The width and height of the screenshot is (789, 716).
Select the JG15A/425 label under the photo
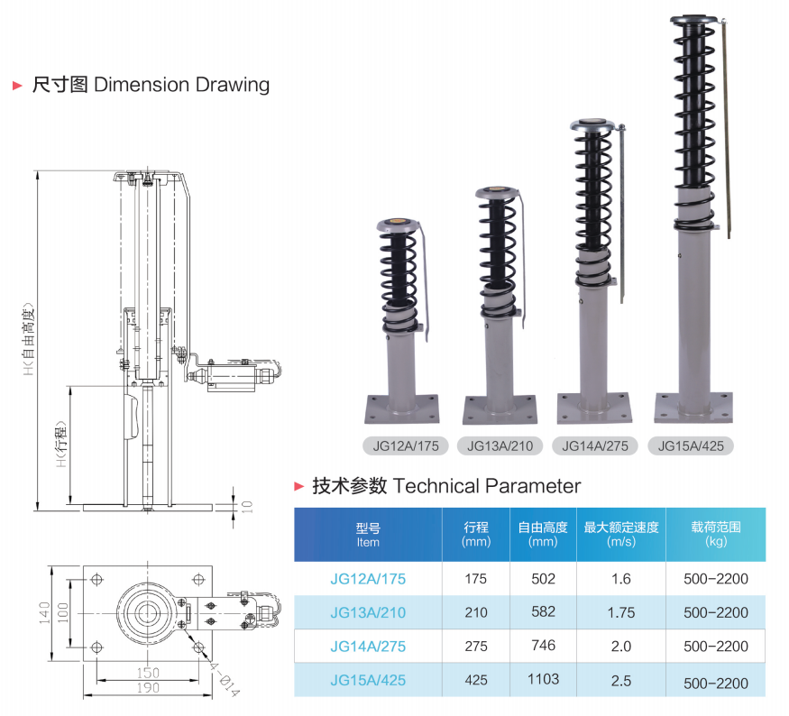[x=692, y=445]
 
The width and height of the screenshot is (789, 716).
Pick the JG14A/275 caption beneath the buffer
[x=595, y=445]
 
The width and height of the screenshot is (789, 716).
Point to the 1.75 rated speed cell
[x=620, y=613]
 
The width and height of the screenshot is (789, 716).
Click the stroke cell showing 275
[x=475, y=647]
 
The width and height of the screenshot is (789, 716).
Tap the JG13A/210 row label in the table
[x=368, y=613]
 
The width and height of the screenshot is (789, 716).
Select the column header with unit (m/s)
[x=620, y=534]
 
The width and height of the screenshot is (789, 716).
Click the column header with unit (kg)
[x=716, y=534]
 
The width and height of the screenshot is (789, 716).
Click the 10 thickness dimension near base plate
[x=248, y=506]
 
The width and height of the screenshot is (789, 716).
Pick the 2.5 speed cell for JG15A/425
[x=620, y=681]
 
